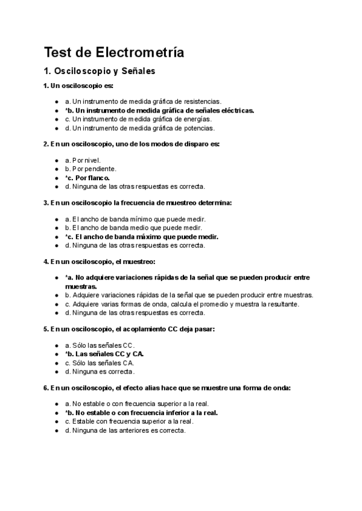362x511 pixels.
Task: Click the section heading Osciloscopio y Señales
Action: click(100, 71)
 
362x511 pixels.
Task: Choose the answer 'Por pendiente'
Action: click(91, 169)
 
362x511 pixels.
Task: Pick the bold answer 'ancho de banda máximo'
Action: click(141, 237)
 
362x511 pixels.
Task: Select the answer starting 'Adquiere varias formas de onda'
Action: click(182, 304)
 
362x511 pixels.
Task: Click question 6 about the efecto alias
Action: click(167, 388)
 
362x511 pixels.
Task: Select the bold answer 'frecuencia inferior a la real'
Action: click(141, 413)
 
